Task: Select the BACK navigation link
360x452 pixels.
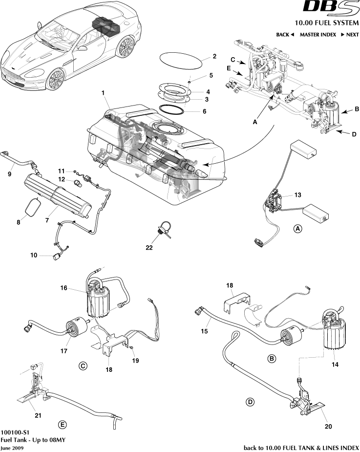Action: pos(285,35)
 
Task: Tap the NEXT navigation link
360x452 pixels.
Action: pos(350,35)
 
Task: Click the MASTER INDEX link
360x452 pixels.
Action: pos(318,35)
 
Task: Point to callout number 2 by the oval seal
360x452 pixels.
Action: pos(214,56)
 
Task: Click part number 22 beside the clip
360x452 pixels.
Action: pos(149,248)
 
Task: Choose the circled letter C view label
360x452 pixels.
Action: pos(83,365)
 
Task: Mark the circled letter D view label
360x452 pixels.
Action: pos(250,402)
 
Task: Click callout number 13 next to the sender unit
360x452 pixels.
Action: pos(297,194)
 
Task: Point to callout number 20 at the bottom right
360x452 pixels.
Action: pos(328,426)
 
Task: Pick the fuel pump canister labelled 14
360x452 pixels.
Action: pos(335,332)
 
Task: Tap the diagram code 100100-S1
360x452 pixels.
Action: pos(15,432)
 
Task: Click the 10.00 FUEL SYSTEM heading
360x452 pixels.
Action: pos(326,23)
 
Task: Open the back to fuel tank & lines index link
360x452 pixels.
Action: pos(301,447)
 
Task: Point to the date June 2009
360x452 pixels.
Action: pos(11,447)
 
